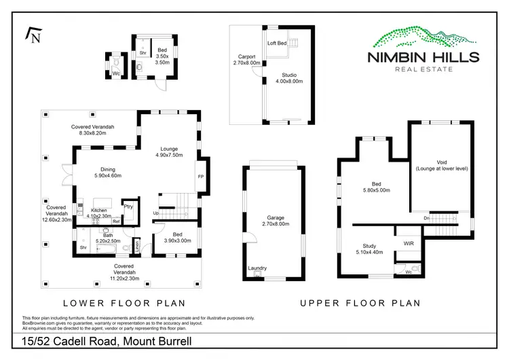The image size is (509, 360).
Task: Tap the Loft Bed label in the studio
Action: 277,43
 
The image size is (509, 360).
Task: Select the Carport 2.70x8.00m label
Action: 246,60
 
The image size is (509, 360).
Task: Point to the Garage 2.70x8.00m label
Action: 276,221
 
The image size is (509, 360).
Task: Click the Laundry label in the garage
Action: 257,268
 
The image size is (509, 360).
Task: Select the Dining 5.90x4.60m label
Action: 107,173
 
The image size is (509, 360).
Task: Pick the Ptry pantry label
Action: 128,206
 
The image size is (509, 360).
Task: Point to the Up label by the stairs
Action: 156,213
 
